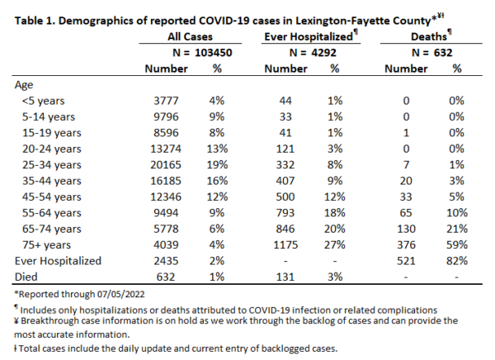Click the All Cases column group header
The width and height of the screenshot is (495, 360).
190,36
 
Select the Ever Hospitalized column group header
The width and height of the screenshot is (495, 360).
309,36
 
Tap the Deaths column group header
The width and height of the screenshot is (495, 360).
429,36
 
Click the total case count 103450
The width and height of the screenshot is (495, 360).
214,53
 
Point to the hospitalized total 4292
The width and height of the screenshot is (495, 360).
323,53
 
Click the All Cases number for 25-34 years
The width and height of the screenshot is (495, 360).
166,165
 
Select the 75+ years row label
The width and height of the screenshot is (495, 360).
46,245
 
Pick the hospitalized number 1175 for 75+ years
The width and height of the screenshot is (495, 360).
285,245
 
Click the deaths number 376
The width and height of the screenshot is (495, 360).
406,245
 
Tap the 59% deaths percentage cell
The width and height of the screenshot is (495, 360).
457,245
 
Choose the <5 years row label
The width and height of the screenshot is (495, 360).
43,101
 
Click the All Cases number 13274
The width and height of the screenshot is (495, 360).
166,149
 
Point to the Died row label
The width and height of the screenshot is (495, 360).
26,277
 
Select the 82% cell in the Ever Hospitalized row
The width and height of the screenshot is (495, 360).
457,261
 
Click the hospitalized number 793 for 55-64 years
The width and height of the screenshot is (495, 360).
285,213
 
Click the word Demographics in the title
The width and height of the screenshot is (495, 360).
97,21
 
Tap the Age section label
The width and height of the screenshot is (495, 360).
24,85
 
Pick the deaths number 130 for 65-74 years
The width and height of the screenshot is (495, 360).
406,230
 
